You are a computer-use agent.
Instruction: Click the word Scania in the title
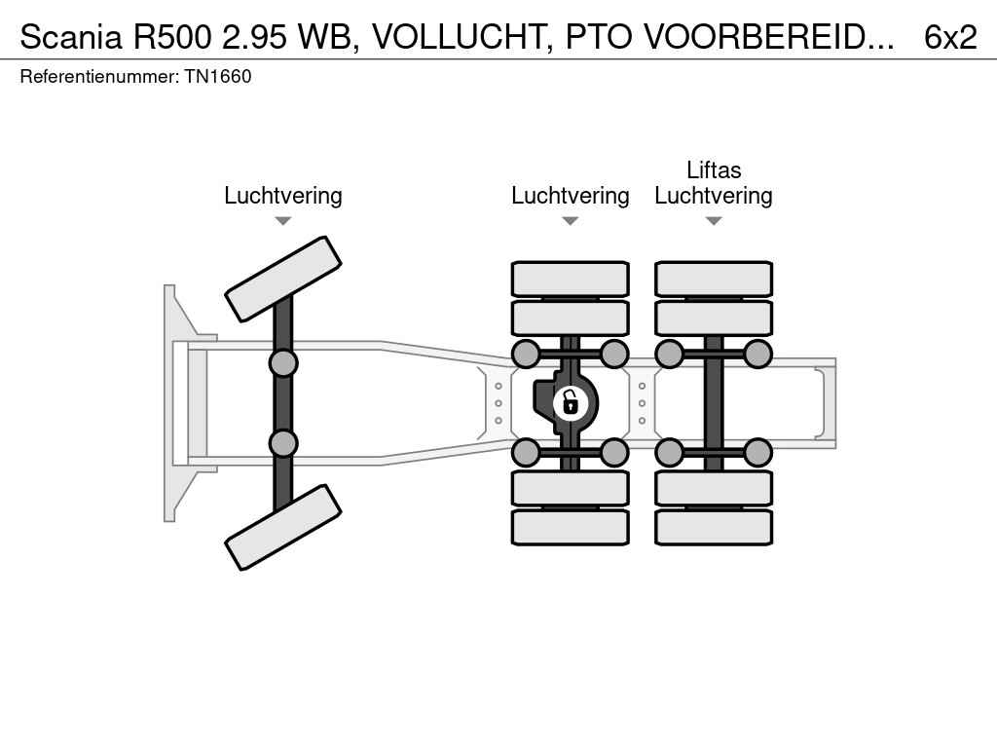[x=70, y=37]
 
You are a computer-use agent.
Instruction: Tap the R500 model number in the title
[x=171, y=37]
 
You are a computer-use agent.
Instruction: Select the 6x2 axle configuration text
[x=950, y=37]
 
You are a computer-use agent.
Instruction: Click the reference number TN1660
[x=218, y=76]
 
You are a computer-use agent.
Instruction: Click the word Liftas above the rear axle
[x=714, y=169]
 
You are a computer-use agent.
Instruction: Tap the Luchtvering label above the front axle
[x=283, y=195]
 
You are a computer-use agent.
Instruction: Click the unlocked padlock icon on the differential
[x=571, y=402]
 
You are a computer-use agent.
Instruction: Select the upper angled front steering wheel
[x=283, y=279]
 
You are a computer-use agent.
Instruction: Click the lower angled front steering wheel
[x=283, y=527]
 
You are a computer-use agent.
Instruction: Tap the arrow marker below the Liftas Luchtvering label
[x=714, y=221]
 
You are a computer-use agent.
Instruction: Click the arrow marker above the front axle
[x=283, y=221]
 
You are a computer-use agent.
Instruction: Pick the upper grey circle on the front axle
[x=283, y=363]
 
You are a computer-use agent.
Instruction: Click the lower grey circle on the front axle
[x=283, y=443]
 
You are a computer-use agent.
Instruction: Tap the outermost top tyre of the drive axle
[x=571, y=279]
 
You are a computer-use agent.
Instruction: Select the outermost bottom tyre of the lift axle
[x=714, y=527]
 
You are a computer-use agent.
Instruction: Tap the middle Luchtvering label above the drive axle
[x=571, y=195]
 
